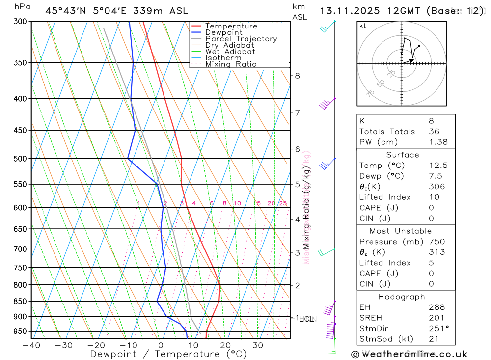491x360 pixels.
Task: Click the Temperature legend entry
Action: click(231, 26)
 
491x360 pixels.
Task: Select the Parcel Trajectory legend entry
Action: click(241, 39)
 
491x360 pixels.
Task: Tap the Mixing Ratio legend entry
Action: click(231, 64)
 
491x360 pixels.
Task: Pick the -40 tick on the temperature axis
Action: click(31, 345)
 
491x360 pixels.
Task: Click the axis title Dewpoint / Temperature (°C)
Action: click(168, 354)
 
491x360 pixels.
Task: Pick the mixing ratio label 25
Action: click(283, 203)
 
